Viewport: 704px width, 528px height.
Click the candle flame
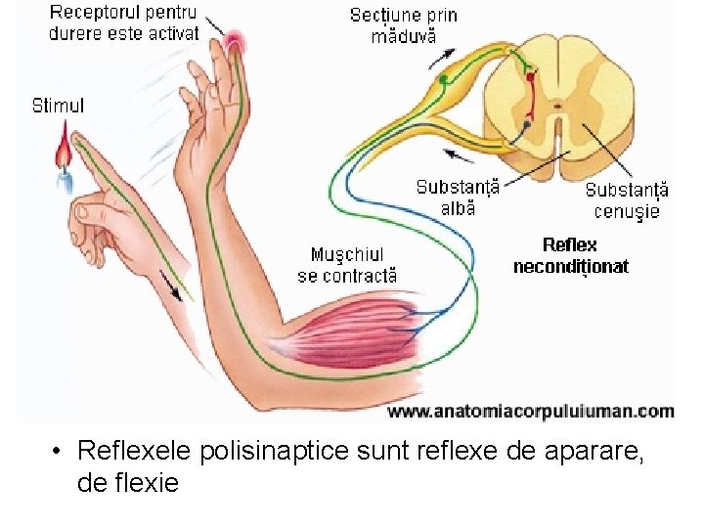65,152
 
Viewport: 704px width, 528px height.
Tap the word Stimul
58,105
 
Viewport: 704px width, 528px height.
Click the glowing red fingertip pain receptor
235,41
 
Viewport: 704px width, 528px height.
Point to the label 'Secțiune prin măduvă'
404,25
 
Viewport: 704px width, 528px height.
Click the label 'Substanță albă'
458,197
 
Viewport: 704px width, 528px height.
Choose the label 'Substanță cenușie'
627,200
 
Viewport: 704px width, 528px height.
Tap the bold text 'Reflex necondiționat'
570,255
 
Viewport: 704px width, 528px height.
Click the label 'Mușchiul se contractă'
347,266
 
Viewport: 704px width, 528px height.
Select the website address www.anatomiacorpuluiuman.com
531,412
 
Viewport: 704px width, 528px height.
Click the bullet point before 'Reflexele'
59,452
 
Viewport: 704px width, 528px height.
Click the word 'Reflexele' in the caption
135,451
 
